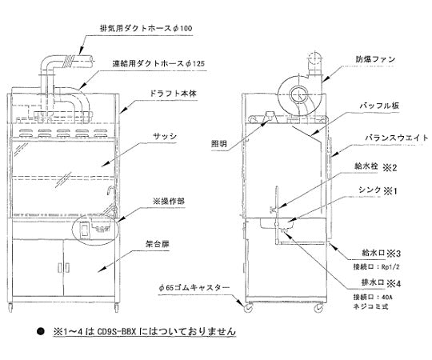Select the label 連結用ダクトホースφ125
pos(150,62)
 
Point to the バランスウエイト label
pos(390,137)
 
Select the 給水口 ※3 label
pos(379,251)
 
